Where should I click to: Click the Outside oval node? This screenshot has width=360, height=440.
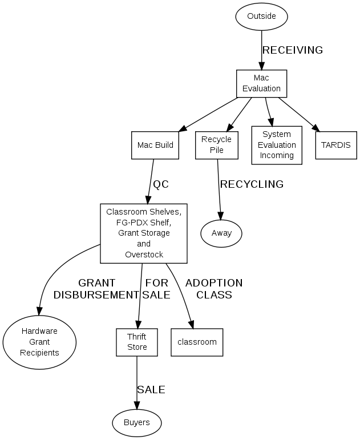pos(261,16)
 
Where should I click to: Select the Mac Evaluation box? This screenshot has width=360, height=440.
pos(261,83)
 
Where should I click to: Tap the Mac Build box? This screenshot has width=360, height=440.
pos(155,145)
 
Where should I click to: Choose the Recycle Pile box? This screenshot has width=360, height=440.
pos(216,145)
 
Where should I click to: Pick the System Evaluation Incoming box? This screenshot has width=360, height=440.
pos(277,145)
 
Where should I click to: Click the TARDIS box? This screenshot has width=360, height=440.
pos(335,145)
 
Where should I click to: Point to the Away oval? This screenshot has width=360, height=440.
pos(221,233)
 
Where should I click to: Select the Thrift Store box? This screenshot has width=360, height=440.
pos(137,342)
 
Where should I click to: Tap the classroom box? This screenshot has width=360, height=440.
pos(197,342)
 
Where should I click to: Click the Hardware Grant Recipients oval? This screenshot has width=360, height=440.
pos(39,342)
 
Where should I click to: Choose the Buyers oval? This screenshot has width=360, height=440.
pos(137,422)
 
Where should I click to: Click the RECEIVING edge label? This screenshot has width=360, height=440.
pos(292,50)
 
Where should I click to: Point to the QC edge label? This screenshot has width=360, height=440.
pos(161,184)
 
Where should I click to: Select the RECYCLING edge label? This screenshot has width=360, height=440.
pos(252,184)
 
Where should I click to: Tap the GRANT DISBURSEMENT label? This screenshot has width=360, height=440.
pos(96,289)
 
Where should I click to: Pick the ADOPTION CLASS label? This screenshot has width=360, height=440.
pos(214,289)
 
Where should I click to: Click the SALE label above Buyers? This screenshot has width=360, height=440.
pos(151,390)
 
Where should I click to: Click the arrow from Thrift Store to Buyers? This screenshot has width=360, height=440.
pos(137,382)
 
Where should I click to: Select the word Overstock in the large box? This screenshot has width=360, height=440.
pos(144,255)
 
